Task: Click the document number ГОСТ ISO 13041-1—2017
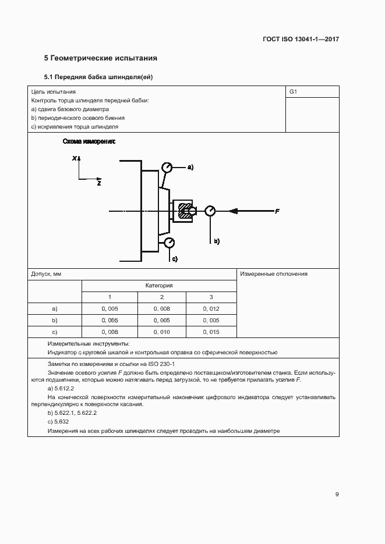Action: [x=301, y=39]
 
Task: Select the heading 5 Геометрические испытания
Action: [x=101, y=58]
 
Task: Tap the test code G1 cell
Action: [x=293, y=92]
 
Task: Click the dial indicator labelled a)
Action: [x=168, y=168]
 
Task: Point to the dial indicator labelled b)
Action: [x=210, y=211]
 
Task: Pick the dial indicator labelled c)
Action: [x=168, y=241]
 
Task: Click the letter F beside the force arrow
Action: [x=277, y=211]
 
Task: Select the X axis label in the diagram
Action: [x=75, y=158]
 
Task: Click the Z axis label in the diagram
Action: [x=99, y=183]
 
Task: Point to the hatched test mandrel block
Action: [x=185, y=211]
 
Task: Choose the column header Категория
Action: [x=159, y=286]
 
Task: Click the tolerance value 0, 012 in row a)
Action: [x=211, y=309]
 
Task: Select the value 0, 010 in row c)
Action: [x=162, y=332]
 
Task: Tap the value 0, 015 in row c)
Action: [x=211, y=332]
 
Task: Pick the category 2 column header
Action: [x=162, y=297]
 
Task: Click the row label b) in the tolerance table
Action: [x=55, y=321]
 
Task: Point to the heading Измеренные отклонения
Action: [x=274, y=274]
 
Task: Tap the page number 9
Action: [x=337, y=495]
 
